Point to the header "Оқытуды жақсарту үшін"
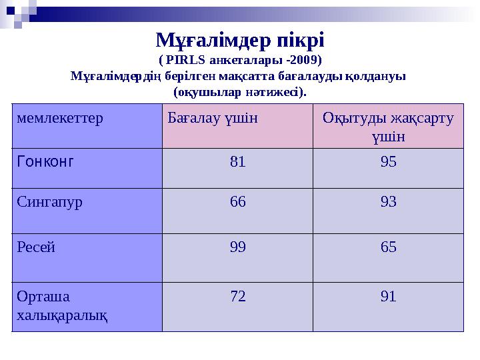[388, 127]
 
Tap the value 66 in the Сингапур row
[237, 202]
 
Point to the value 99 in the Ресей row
[237, 248]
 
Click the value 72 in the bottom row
[237, 296]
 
